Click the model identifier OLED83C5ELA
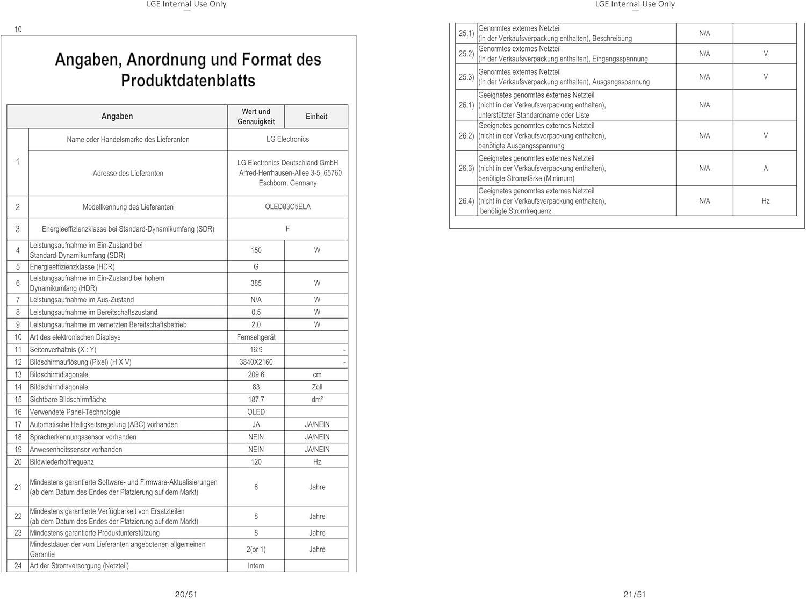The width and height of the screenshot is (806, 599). pos(287,207)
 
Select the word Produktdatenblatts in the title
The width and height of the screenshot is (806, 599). pos(188,81)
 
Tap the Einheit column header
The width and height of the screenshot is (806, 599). pos(316,117)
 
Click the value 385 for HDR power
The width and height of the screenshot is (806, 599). pos(256,283)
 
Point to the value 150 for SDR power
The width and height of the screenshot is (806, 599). pos(256,250)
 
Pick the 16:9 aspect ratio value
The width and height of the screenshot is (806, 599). pos(256,350)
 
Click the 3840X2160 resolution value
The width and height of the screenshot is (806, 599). pos(256,362)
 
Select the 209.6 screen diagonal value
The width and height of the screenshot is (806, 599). pos(256,374)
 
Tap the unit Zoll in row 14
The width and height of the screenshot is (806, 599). pos(317,387)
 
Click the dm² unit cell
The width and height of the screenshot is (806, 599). pos(317,400)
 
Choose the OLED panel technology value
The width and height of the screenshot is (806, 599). pos(256,412)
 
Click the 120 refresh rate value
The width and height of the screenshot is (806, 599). pos(256,462)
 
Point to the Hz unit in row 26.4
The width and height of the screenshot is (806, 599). pos(766,201)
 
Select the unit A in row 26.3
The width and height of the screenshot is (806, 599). pos(766,168)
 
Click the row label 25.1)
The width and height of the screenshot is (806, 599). pos(466,33)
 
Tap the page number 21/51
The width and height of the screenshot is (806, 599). pos(635,594)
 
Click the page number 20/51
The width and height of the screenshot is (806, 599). pos(186,594)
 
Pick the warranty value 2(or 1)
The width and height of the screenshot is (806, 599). pos(256,549)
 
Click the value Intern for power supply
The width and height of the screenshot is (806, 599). pos(256,566)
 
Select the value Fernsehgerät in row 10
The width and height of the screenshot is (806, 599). pos(256,337)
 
